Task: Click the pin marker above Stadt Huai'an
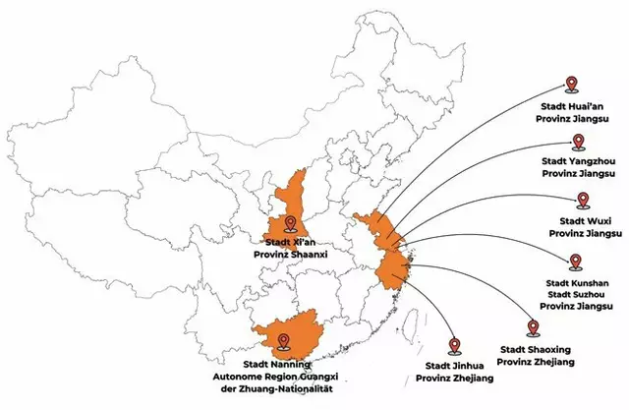(x=572, y=85)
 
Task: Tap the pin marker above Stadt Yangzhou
(x=578, y=143)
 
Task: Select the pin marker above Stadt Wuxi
(x=583, y=201)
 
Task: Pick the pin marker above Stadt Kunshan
(x=576, y=262)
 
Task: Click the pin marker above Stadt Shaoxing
(x=533, y=328)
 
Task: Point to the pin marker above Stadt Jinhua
(x=454, y=346)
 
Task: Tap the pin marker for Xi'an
(x=290, y=223)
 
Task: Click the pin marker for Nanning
(x=284, y=342)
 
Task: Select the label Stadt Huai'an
(x=572, y=107)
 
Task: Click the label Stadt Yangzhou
(x=579, y=161)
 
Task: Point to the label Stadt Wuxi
(x=586, y=221)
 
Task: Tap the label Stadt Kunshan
(x=577, y=283)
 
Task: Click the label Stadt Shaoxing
(x=536, y=350)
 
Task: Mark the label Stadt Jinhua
(x=454, y=366)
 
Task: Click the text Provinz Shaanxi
(x=291, y=255)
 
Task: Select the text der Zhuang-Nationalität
(x=277, y=388)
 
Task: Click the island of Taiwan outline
(x=409, y=327)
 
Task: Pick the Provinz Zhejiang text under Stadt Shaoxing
(x=536, y=362)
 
